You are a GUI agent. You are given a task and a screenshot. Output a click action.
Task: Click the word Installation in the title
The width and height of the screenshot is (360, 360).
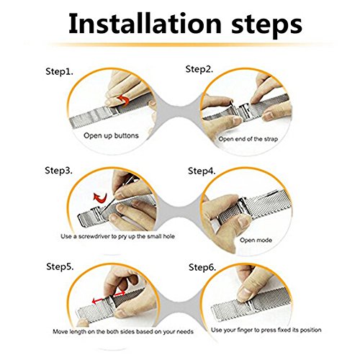145,24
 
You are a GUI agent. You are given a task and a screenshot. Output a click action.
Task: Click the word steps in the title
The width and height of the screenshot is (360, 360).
266,26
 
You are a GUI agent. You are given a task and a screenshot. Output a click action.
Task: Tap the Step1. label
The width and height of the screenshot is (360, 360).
59,71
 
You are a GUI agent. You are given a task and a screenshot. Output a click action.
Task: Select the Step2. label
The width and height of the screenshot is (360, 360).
199,69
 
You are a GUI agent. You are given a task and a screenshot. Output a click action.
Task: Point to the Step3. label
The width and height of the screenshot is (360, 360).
58,171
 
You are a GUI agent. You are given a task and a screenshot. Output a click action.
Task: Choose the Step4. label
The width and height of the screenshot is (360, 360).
202,171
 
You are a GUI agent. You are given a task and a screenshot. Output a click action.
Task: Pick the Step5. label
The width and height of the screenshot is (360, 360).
60,266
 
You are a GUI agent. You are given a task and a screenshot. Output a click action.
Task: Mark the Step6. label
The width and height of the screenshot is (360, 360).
202,267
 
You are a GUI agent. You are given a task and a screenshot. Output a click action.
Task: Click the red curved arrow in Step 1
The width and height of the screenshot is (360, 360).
124,100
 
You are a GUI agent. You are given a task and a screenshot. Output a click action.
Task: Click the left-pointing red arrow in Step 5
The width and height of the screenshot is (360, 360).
98,300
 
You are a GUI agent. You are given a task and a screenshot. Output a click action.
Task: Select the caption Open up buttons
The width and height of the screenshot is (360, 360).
111,135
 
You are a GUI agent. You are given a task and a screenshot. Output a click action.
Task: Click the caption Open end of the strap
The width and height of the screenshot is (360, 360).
248,139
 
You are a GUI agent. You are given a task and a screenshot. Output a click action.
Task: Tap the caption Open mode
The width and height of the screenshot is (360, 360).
256,240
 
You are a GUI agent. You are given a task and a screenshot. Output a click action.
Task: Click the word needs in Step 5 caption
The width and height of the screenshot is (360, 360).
185,332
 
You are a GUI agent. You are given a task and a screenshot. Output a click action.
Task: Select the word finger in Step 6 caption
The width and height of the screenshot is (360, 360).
245,330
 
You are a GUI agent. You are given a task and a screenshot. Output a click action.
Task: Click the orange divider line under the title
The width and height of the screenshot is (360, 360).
189,45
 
